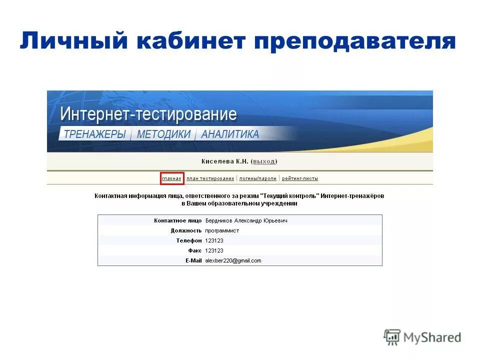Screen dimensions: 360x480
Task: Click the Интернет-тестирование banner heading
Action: (x=148, y=114)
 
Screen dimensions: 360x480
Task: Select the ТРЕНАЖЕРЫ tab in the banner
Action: (x=94, y=134)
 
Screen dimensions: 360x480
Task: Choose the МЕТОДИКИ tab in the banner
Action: (x=163, y=134)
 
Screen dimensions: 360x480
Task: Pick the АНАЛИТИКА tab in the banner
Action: (x=230, y=134)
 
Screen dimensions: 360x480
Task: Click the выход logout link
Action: (x=264, y=161)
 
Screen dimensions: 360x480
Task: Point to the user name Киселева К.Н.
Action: (x=224, y=161)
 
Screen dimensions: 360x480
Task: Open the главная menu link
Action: (x=171, y=178)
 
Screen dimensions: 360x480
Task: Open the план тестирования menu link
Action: (x=210, y=178)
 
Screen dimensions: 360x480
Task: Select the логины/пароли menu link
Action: (x=258, y=178)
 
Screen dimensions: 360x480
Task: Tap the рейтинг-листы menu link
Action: (x=300, y=178)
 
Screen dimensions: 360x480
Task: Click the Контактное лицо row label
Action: (x=177, y=220)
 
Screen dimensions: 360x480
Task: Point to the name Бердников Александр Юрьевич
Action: (x=246, y=220)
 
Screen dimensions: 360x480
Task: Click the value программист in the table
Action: (x=222, y=230)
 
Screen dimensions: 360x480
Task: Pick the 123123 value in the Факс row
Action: (x=214, y=250)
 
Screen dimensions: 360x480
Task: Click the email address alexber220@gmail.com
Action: (x=233, y=260)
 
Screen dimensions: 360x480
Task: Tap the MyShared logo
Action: (x=422, y=337)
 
